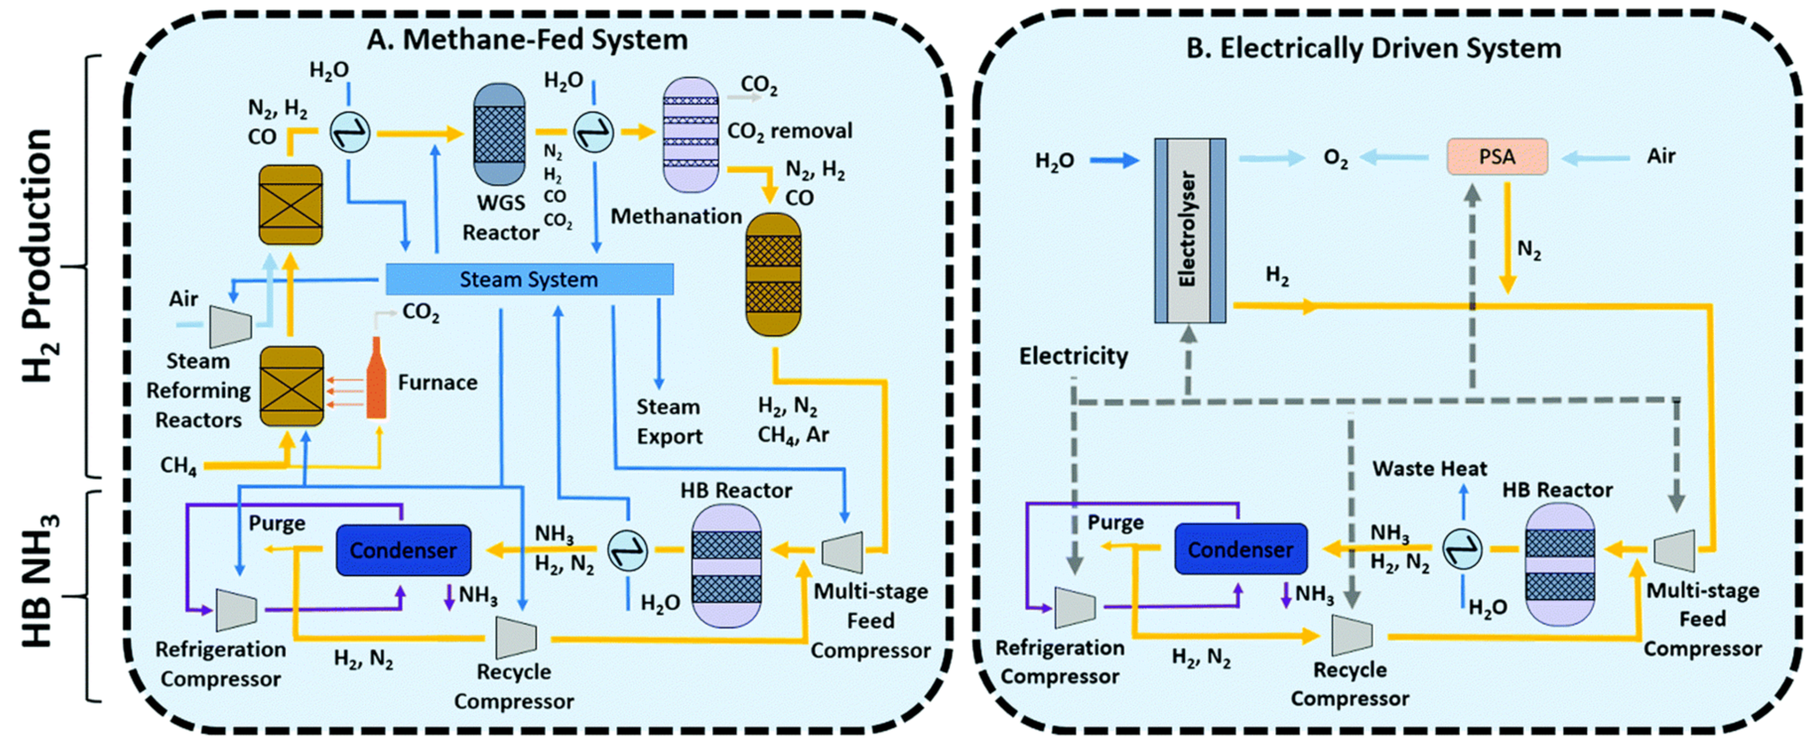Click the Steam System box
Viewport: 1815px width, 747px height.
point(529,280)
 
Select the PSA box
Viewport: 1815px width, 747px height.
point(1496,157)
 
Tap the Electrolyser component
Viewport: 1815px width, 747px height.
point(1189,231)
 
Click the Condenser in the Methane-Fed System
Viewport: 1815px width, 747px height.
point(403,550)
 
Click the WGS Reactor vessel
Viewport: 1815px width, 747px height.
point(499,134)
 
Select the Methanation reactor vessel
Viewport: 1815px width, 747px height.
point(773,275)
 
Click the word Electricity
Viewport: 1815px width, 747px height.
point(1073,356)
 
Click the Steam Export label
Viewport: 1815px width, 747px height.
point(668,422)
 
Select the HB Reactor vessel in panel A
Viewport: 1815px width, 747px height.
point(726,566)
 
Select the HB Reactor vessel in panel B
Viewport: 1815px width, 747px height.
point(1559,564)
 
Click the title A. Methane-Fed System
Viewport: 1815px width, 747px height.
point(527,40)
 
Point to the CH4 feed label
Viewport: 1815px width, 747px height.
point(178,466)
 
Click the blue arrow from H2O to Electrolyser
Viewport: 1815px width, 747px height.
point(1114,161)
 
